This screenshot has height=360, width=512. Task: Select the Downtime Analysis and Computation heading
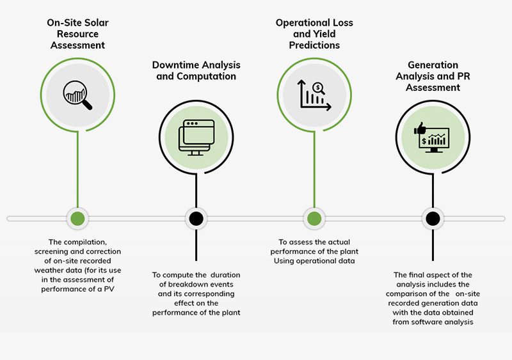(196, 70)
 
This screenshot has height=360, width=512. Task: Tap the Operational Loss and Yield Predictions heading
(314, 34)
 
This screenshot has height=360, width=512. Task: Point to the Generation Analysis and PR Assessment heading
(433, 76)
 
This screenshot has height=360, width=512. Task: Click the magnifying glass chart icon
(77, 95)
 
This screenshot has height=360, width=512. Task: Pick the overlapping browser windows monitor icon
(196, 137)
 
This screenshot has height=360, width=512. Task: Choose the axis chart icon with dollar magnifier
(314, 95)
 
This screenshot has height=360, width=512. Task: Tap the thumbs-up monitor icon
(433, 137)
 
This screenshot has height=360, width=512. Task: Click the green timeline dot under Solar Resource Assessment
(77, 219)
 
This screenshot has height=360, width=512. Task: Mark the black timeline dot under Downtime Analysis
(196, 219)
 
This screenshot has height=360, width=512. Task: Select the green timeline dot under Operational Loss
(314, 219)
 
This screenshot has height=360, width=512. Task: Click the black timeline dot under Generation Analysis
(433, 219)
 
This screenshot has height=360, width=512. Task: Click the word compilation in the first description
(88, 242)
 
